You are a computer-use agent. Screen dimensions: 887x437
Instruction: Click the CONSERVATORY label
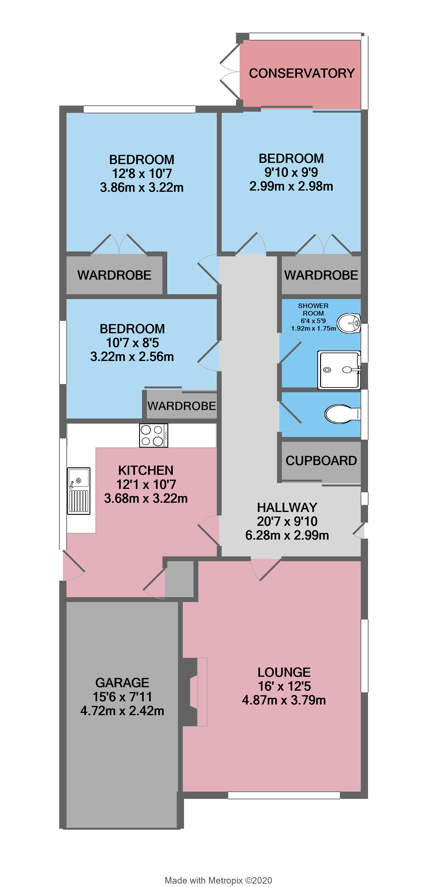pos(302,73)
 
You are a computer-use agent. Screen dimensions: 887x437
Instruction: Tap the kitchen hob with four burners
pos(154,435)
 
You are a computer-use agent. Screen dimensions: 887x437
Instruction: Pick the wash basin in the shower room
pos(348,323)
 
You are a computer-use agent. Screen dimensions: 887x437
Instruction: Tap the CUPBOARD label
pos(321,461)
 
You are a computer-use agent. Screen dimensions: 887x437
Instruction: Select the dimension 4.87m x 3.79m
pos(284,700)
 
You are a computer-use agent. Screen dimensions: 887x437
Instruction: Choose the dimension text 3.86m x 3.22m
pos(142,188)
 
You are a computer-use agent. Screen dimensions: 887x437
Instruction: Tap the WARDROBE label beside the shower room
pos(321,275)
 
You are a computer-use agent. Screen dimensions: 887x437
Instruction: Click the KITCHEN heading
pos(146,470)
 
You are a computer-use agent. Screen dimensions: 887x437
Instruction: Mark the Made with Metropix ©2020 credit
pos(218,880)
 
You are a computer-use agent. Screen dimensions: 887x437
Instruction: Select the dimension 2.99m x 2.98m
pos(291,186)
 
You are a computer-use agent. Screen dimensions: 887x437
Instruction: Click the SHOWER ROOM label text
pos(313,309)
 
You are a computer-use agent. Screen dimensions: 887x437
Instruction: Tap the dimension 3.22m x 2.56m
pos(132,357)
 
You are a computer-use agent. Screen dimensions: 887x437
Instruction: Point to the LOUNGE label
pos(284,672)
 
